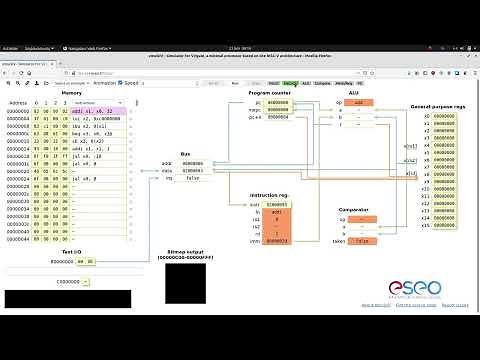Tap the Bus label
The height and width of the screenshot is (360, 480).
[x=185, y=154]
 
